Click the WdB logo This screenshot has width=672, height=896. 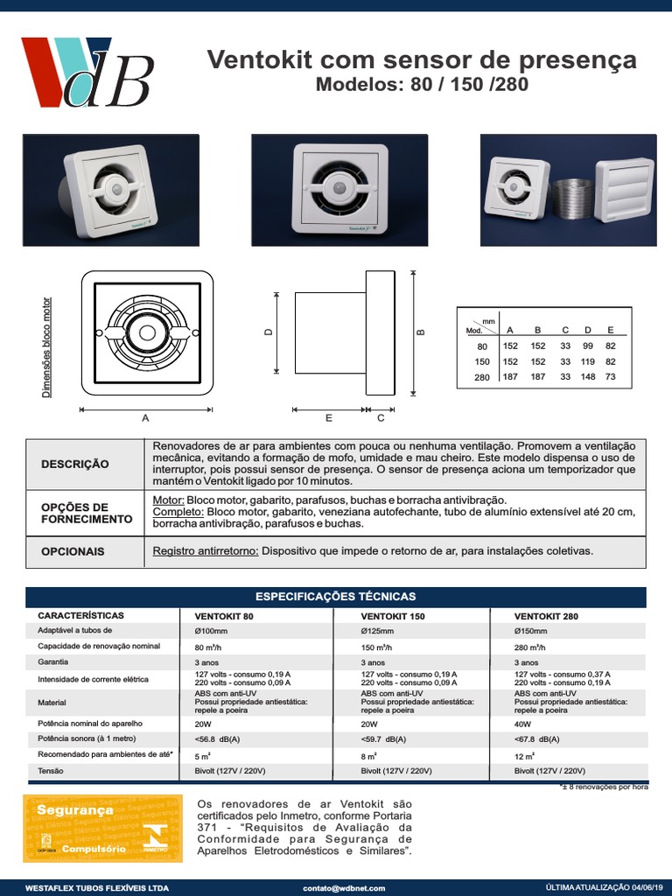[87, 72]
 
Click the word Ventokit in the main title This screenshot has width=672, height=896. [252, 60]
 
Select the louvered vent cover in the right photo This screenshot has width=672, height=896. [625, 191]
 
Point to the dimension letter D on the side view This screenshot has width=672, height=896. [269, 332]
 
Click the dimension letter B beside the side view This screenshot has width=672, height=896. [421, 332]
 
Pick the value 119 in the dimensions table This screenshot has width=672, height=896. [587, 361]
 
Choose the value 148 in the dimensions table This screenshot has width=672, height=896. [587, 377]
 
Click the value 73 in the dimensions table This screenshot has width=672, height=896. [611, 377]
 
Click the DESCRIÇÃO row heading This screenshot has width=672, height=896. [75, 464]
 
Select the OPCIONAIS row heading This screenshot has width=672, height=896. [73, 552]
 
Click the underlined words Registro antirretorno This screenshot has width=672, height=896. [206, 551]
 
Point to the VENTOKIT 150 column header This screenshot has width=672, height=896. [393, 616]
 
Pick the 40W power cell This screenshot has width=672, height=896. [523, 724]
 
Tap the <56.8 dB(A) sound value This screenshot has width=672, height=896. [217, 739]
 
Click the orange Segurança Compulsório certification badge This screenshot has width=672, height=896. [102, 828]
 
